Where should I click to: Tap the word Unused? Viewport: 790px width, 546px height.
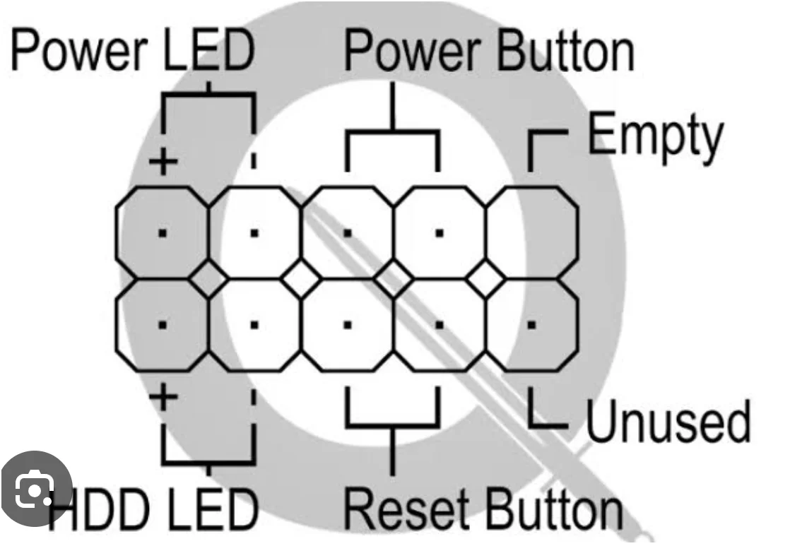pyautogui.click(x=668, y=422)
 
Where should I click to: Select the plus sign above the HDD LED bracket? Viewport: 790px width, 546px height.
pyautogui.click(x=163, y=397)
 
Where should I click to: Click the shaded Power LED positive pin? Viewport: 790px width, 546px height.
pyautogui.click(x=163, y=232)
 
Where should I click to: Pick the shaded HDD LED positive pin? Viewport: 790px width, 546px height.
pyautogui.click(x=163, y=324)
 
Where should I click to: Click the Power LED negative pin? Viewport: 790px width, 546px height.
pyautogui.click(x=254, y=232)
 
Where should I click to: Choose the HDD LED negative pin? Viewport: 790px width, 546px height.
pyautogui.click(x=254, y=324)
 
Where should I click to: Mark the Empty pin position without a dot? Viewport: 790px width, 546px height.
pyautogui.click(x=531, y=232)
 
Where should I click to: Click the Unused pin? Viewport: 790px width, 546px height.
pyautogui.click(x=531, y=324)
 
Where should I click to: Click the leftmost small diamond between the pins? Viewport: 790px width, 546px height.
pyautogui.click(x=208, y=279)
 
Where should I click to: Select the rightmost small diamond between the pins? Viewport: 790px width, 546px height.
pyautogui.click(x=485, y=279)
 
